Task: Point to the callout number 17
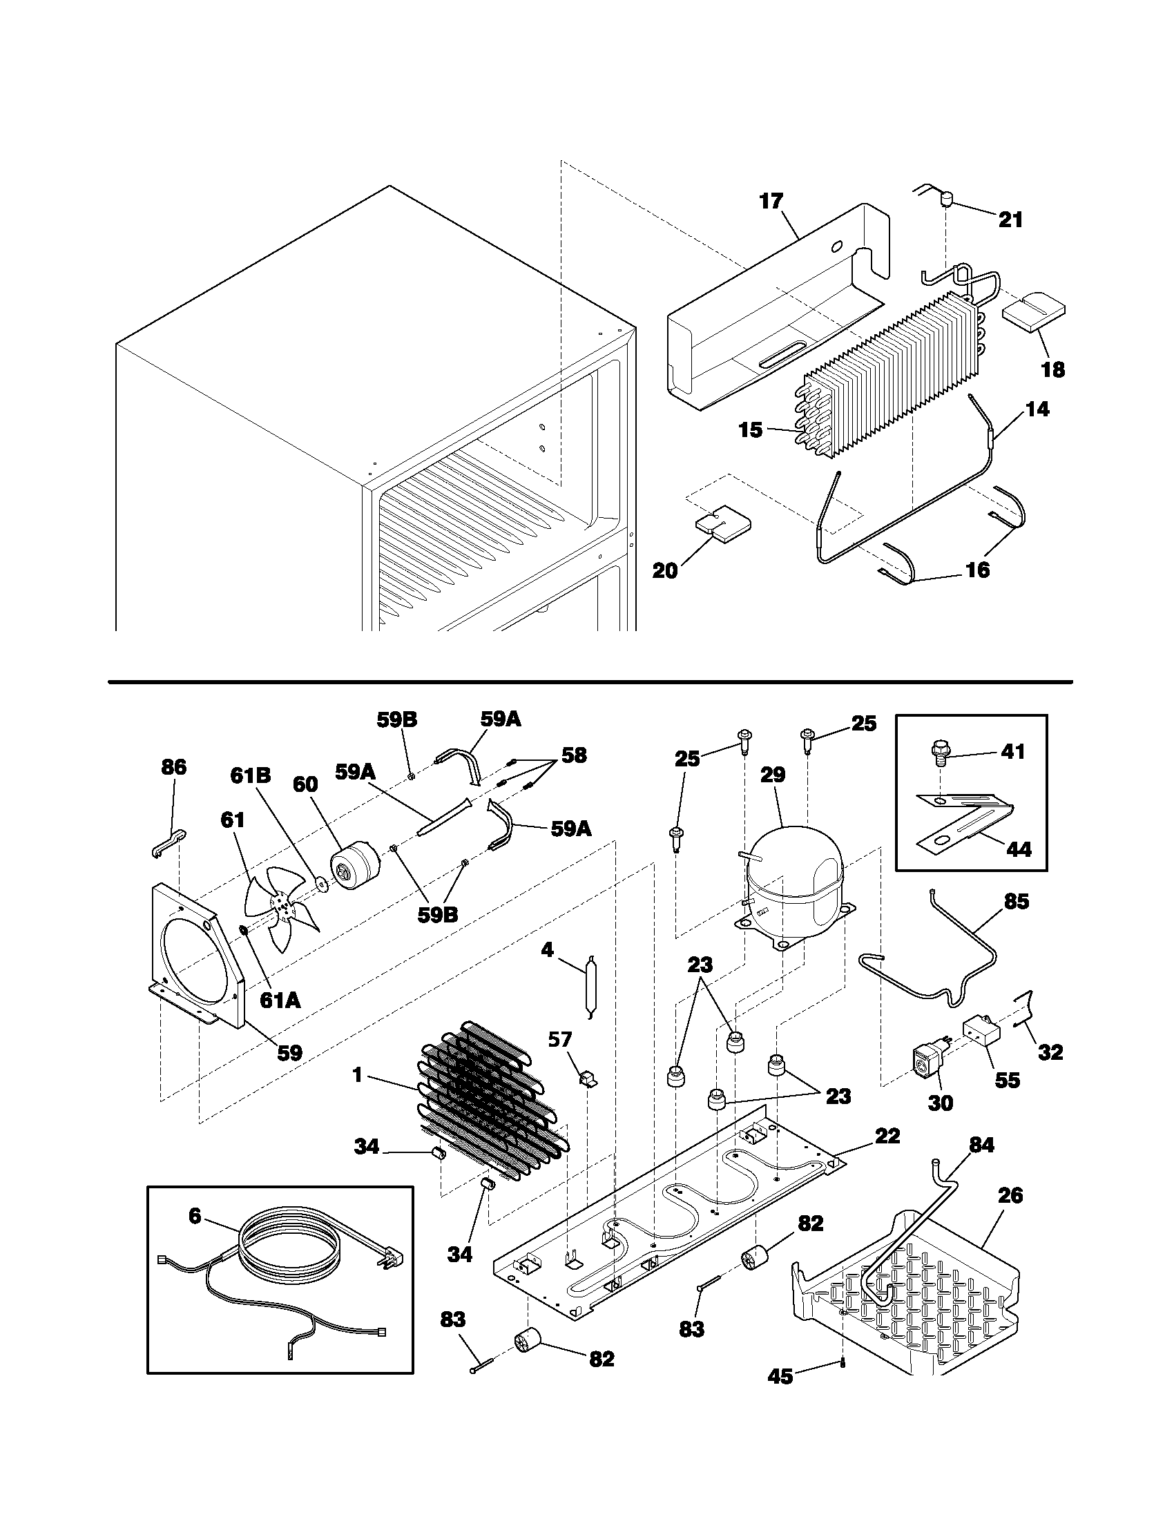pyautogui.click(x=771, y=202)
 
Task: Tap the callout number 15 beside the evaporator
pyautogui.click(x=751, y=430)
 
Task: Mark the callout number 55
pyautogui.click(x=1007, y=1079)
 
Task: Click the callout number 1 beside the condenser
pyautogui.click(x=357, y=1075)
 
